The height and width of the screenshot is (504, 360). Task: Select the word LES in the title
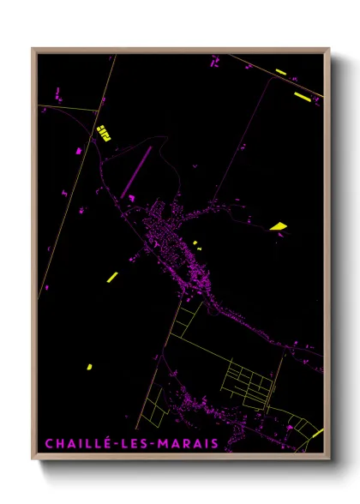pyautogui.click(x=132, y=443)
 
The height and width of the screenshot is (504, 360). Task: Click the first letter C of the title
pyautogui.click(x=48, y=443)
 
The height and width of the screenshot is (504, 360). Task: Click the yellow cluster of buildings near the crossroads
pyautogui.click(x=104, y=132)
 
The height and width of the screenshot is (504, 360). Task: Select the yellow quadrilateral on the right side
pyautogui.click(x=278, y=226)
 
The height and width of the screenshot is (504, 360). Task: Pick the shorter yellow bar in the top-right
pyautogui.click(x=281, y=72)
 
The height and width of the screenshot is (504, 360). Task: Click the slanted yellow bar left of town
pyautogui.click(x=112, y=276)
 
